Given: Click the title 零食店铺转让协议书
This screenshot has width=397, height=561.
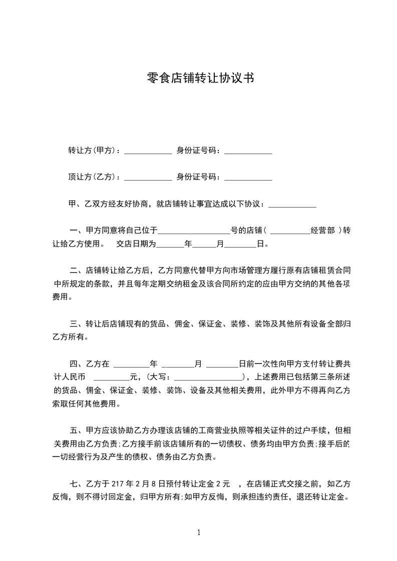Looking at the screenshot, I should point(198,77).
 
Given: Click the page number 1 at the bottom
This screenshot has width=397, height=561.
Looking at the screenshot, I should point(199,532).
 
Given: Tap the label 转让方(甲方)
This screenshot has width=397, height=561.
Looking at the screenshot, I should point(93,150).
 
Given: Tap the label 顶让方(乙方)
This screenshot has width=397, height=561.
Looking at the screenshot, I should point(93,176).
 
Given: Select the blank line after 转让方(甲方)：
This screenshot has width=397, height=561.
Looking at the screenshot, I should point(148,151).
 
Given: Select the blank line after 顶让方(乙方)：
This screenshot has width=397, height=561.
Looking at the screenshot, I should point(148,178).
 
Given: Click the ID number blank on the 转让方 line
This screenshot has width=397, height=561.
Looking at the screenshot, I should point(248,151).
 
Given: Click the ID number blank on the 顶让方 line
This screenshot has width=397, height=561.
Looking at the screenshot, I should point(248,178).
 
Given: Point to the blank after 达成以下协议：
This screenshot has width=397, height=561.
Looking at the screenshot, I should point(292,205).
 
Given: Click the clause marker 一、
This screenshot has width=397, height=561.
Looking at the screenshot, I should point(77,230).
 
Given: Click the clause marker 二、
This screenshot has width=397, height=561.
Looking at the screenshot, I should point(77,271).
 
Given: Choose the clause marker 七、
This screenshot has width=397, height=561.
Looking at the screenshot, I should point(77,484).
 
